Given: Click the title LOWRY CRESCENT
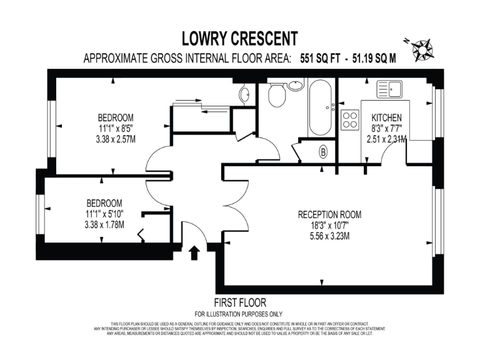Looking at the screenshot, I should tap(239, 39).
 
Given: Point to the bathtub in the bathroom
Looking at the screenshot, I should tap(321, 107).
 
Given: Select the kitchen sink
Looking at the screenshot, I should tap(389, 89).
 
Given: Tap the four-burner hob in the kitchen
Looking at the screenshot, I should tap(349, 119).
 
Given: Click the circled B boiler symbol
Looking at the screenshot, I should tap(324, 152).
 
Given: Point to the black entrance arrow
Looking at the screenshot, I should tap(194, 252).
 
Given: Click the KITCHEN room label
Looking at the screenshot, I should tap(386, 118).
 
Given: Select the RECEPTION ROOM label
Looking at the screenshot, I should tap(329, 214).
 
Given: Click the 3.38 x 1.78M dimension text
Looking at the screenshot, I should tap(104, 224).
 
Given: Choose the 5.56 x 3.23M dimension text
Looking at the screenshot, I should tap(329, 236).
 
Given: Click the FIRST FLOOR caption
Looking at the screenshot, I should tap(239, 301).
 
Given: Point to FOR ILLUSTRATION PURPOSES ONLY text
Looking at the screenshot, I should tap(239, 313).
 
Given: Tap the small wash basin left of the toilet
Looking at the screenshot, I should tap(244, 94).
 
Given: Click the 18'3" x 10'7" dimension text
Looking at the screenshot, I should tap(329, 225).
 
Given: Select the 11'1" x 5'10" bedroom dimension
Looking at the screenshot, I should tap(104, 214).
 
